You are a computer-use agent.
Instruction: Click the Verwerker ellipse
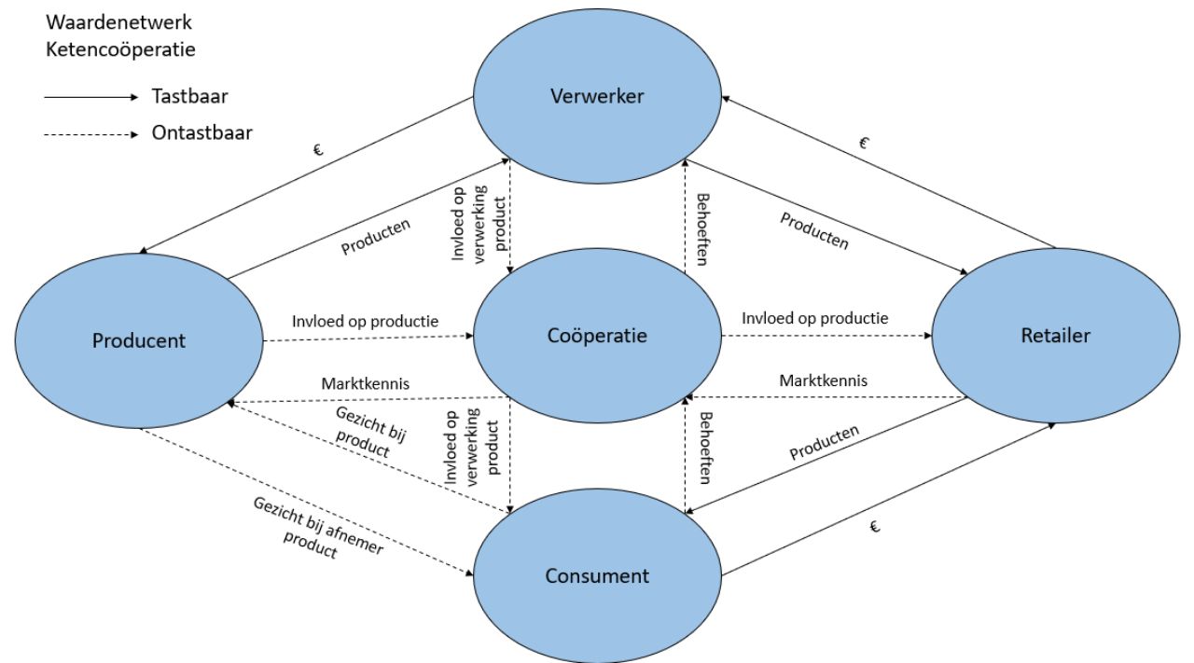596,97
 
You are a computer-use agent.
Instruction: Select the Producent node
139,340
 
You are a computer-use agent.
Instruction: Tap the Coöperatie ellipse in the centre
596,335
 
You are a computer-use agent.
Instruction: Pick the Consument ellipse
596,575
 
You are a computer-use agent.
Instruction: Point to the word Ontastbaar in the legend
201,133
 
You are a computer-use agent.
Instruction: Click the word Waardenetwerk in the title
119,21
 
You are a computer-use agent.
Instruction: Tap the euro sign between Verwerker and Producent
319,148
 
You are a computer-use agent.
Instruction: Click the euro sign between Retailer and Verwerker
863,143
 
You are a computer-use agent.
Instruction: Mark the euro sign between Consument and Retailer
874,528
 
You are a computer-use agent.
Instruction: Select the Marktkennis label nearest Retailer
824,380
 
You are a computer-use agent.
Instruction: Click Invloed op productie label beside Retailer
814,319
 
